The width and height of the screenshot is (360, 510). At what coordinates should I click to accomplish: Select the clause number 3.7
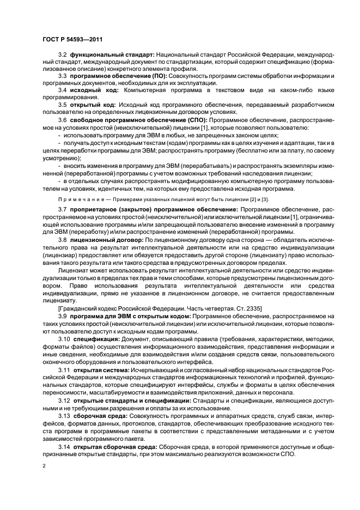(62, 209)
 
